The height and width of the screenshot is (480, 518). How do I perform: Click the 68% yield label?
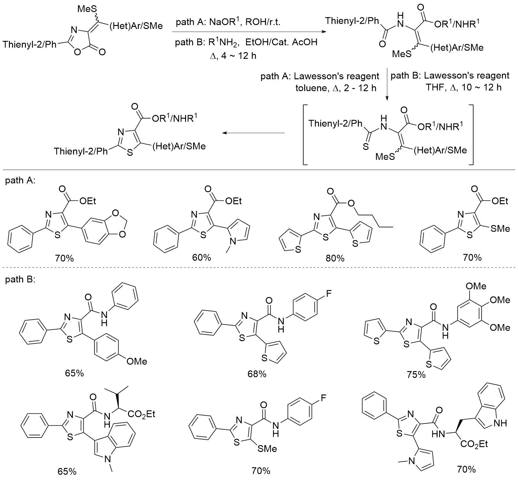257,374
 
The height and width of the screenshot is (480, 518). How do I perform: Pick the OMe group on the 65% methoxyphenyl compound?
137,361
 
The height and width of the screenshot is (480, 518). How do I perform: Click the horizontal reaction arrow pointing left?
253,133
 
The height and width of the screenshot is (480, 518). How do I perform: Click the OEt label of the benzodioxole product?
88,201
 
